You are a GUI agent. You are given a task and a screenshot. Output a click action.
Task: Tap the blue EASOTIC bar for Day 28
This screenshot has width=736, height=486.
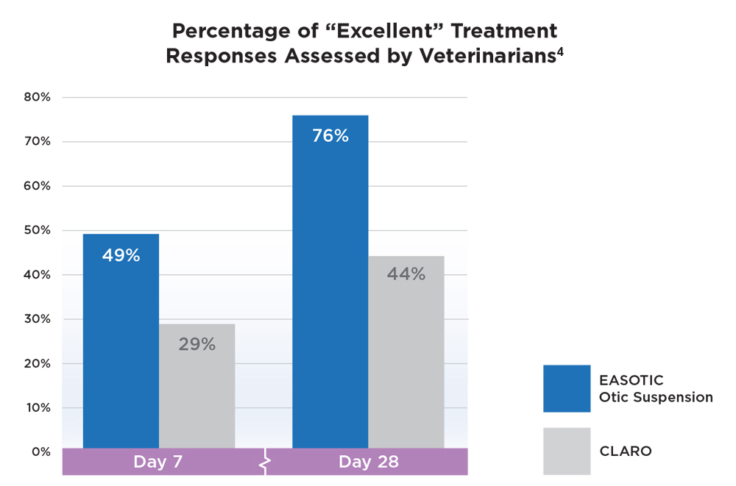[330, 294]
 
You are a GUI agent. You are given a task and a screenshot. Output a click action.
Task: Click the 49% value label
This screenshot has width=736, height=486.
[121, 256]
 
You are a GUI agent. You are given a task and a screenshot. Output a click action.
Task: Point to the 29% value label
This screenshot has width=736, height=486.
[197, 344]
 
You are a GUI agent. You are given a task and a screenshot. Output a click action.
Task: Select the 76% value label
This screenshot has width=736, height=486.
[330, 136]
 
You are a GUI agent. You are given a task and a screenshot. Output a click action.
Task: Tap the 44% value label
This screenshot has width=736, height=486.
[406, 274]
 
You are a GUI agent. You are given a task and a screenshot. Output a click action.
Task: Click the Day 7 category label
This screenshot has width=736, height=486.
[158, 462]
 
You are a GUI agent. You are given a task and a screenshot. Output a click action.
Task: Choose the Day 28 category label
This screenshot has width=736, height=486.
[369, 462]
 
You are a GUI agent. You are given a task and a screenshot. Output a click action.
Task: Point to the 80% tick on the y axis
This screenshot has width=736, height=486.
[35, 97]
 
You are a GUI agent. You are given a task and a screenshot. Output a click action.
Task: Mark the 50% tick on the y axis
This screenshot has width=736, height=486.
[35, 230]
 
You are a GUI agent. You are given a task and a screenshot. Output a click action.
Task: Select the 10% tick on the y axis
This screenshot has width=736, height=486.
[35, 407]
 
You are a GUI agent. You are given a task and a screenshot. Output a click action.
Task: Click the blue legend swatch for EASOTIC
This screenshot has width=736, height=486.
[567, 388]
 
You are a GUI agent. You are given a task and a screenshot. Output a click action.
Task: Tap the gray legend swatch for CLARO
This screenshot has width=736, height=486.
[567, 451]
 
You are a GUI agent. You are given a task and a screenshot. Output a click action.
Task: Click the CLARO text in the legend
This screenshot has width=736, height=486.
[625, 451]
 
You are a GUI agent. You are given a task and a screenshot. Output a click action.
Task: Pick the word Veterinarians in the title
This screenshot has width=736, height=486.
[481, 57]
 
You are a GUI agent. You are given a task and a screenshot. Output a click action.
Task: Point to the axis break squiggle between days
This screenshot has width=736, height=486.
[266, 462]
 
